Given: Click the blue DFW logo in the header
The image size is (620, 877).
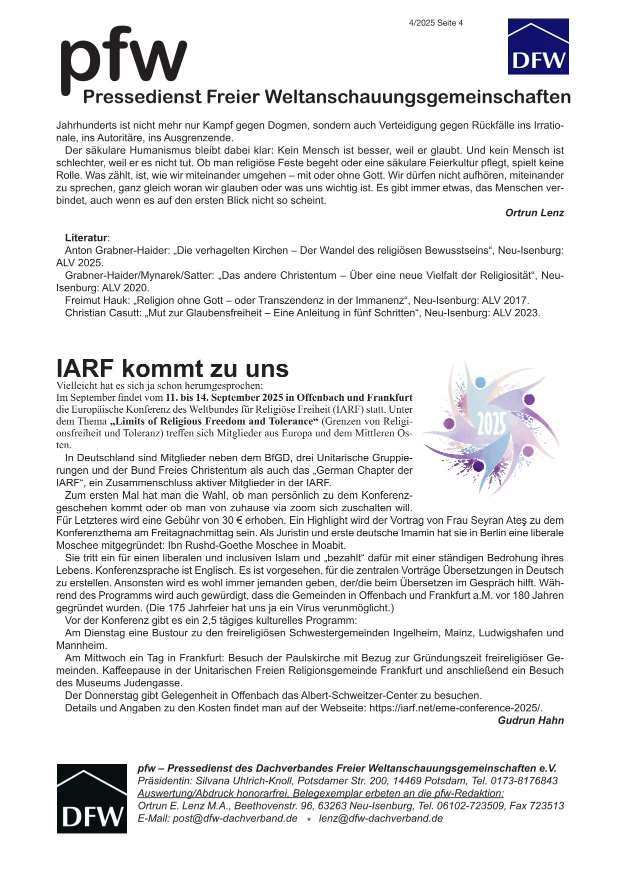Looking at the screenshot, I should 538,47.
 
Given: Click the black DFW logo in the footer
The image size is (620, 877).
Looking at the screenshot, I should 91,798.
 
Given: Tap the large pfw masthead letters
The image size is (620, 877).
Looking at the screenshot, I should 123,59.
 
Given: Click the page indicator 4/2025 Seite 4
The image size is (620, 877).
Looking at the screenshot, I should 435,23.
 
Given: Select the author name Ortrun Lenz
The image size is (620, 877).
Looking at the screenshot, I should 534,213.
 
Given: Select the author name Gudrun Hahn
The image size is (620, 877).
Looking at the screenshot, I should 530,721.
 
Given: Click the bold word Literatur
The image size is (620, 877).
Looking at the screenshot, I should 86,238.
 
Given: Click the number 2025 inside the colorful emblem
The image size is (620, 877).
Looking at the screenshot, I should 491,425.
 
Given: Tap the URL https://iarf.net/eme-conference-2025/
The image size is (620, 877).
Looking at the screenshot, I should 455,708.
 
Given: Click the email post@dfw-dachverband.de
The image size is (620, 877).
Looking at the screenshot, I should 235,818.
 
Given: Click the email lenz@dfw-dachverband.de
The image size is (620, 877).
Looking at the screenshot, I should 381,818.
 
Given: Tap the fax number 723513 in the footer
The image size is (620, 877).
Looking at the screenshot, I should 548,806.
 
